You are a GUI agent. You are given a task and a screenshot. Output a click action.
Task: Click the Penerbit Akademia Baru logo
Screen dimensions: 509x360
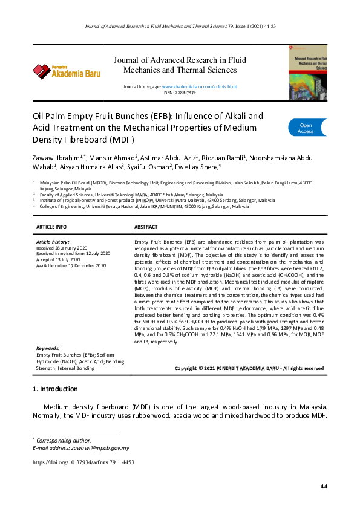point(67,71)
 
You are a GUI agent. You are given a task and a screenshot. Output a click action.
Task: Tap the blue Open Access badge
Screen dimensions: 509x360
point(306,128)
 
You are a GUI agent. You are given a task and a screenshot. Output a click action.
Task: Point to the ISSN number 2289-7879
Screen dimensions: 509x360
point(180,93)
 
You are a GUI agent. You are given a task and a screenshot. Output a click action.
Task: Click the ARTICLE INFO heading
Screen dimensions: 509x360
point(52,227)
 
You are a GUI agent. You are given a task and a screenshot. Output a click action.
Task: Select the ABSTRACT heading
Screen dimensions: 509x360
point(145,227)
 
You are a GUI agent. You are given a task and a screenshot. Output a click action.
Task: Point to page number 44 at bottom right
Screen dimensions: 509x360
point(324,487)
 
